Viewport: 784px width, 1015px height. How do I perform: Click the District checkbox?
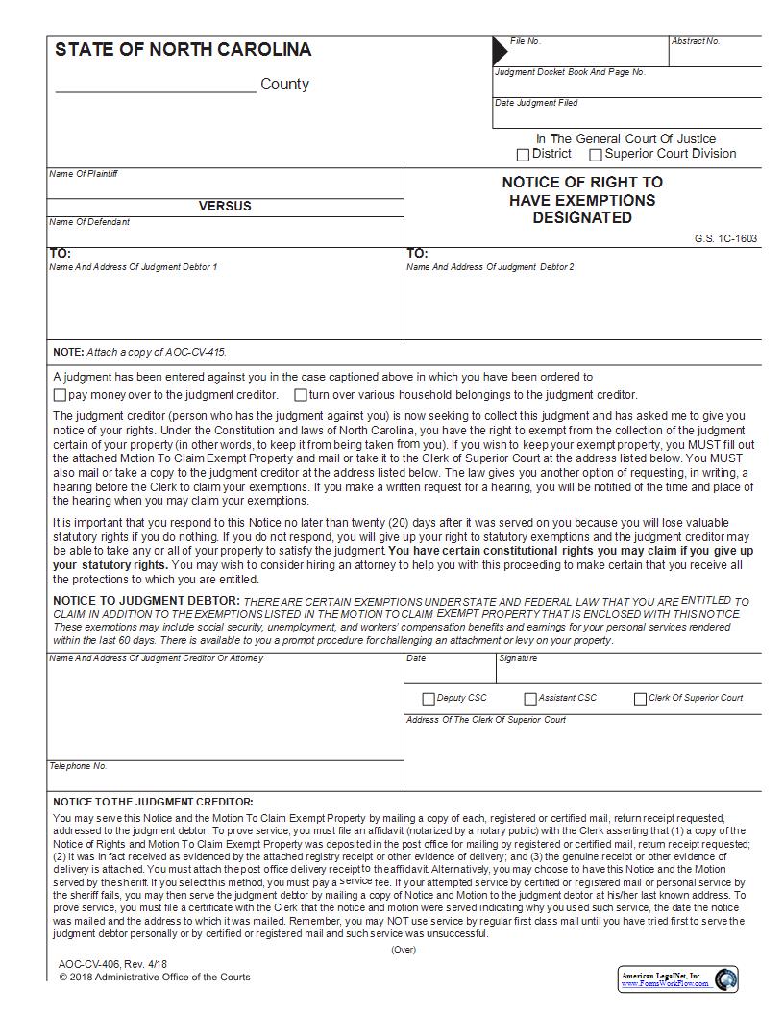[x=523, y=155]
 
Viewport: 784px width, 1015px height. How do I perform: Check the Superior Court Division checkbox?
[x=596, y=155]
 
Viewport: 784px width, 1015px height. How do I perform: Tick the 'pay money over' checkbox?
[x=60, y=395]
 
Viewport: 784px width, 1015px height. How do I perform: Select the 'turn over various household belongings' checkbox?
[x=301, y=395]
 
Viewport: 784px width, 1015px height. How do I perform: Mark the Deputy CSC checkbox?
[x=429, y=699]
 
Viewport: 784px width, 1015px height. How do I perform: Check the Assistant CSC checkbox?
[x=530, y=699]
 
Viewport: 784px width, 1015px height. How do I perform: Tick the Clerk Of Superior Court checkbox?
[x=640, y=699]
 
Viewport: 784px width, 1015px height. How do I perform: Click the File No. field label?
[x=526, y=41]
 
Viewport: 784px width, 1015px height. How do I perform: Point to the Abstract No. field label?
[x=696, y=41]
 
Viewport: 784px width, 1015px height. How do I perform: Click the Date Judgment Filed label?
[x=536, y=103]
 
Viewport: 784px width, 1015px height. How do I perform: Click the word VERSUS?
[x=225, y=206]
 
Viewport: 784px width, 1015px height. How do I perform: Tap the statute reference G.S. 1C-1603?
[x=725, y=238]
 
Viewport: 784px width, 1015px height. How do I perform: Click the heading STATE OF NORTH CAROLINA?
[x=183, y=50]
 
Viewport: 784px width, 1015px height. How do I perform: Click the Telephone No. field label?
[x=78, y=766]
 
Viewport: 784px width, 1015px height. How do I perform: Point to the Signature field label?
[x=518, y=658]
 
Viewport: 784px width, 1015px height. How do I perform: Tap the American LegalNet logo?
[x=678, y=979]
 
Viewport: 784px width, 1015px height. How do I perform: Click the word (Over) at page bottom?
[x=404, y=950]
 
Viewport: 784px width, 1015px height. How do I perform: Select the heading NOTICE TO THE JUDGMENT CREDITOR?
[x=153, y=802]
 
